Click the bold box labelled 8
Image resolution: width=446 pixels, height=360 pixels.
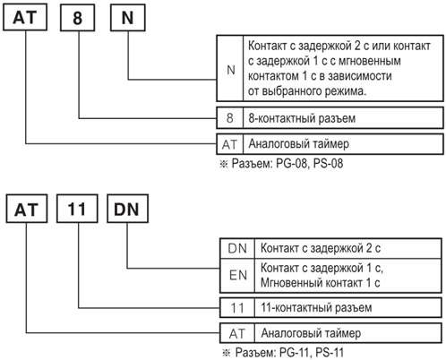click(77, 18)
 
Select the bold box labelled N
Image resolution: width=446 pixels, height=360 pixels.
click(128, 18)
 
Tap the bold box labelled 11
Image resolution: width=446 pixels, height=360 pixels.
click(77, 209)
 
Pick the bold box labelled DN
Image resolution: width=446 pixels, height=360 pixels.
click(127, 209)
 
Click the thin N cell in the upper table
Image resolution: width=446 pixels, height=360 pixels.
click(230, 68)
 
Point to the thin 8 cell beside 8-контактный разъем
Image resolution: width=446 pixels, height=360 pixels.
click(230, 117)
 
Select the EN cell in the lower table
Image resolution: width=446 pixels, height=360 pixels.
click(237, 276)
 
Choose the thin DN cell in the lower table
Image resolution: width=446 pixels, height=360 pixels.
click(237, 248)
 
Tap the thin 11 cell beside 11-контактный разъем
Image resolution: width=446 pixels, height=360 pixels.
click(237, 307)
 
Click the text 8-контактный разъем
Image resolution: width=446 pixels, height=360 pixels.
click(302, 118)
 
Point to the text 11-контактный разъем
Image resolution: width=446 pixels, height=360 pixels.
click(316, 307)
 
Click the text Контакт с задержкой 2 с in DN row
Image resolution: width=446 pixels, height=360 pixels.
click(321, 248)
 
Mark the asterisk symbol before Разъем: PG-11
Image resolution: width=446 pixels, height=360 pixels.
click(227, 353)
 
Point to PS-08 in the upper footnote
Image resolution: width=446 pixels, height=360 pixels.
click(328, 164)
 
